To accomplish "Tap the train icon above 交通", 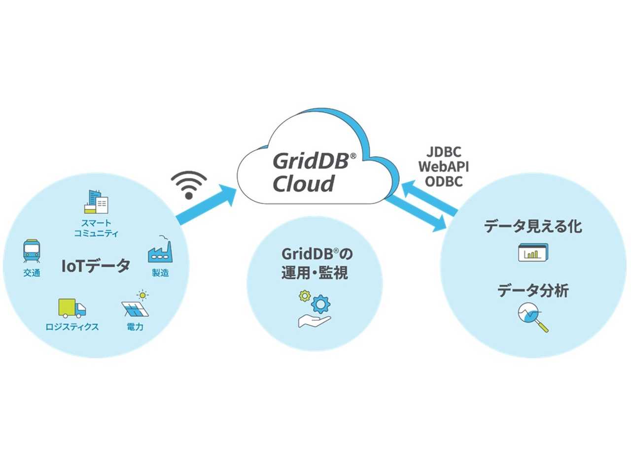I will coord(32,251).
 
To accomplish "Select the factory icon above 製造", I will coord(160,250).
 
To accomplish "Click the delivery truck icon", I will coord(72,308).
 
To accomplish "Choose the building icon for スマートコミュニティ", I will coord(96,202).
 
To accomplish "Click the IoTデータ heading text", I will coord(96,266).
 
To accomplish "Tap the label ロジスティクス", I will coord(72,327).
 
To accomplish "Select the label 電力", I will coord(135,327).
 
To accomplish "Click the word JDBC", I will coord(444,152).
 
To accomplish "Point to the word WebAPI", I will coord(444,167).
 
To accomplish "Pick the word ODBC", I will coord(444,181).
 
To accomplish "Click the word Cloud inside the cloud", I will coord(303,184).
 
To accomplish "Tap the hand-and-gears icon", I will coord(315,309).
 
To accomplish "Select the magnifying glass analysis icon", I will coord(533,317).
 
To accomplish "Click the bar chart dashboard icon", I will coord(533,253).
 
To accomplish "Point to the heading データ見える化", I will coord(533,226).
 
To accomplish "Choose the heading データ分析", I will coord(533,290).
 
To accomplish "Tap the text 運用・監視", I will coord(315,272).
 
